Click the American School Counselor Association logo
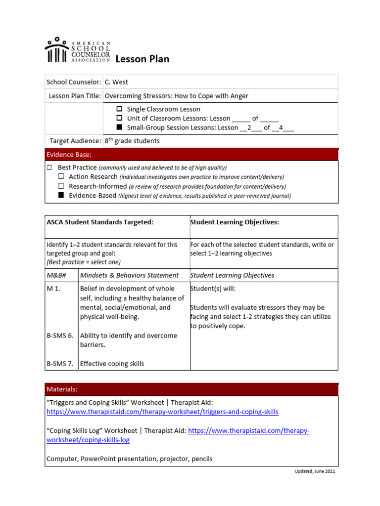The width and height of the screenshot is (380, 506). (x=77, y=50)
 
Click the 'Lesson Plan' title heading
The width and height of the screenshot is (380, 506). (x=142, y=59)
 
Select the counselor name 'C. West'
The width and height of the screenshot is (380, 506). (x=116, y=82)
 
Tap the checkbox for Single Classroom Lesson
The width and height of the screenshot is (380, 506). (x=119, y=109)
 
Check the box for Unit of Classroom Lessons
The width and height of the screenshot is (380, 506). (x=119, y=119)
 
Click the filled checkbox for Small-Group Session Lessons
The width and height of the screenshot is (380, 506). (x=119, y=128)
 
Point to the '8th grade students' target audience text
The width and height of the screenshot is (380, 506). (x=132, y=141)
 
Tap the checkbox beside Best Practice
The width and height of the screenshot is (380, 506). (x=49, y=168)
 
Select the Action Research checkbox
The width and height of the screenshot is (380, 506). (x=61, y=176)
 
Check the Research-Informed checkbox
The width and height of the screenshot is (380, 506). (x=61, y=186)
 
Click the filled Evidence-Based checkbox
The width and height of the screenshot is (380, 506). (x=61, y=196)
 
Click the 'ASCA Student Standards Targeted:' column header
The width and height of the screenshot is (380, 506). (x=100, y=222)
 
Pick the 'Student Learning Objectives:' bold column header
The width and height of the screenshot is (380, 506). (x=235, y=222)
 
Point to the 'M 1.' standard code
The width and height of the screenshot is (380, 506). (x=53, y=289)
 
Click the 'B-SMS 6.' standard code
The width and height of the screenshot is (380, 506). (x=60, y=336)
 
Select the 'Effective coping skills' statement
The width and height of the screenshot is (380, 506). (x=112, y=364)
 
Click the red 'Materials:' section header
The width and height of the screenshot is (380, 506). (x=62, y=389)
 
